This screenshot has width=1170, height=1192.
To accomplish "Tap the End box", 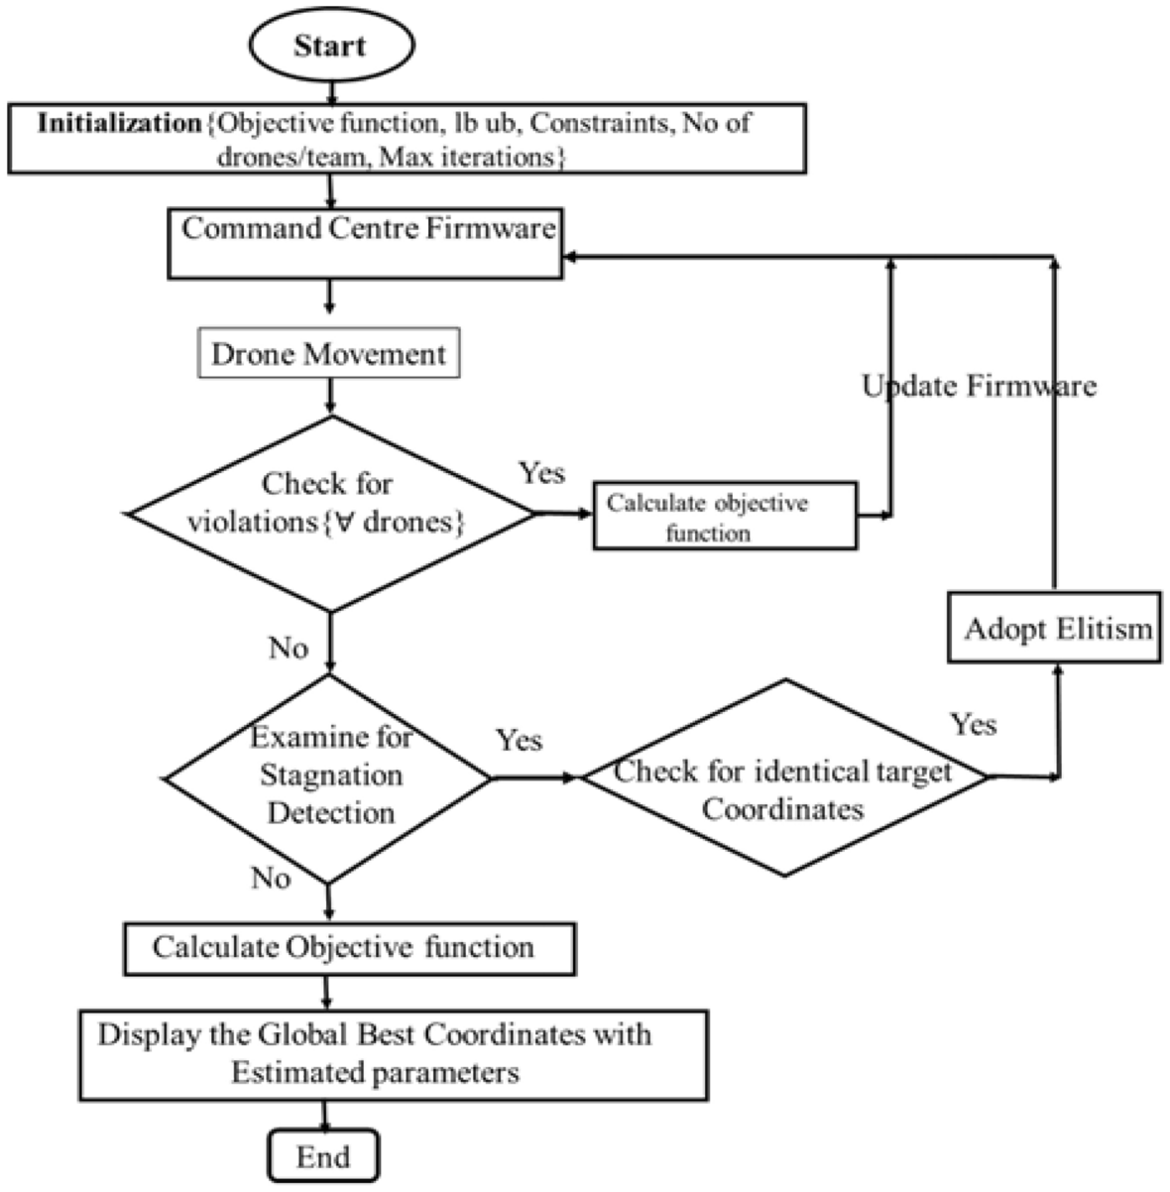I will tap(323, 1156).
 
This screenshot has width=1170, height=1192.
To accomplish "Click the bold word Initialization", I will tap(119, 124).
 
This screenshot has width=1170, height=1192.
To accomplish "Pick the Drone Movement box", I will tap(329, 354).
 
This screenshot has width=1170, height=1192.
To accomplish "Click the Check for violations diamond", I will tap(330, 513).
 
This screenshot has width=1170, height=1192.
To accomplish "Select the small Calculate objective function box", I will tap(725, 516).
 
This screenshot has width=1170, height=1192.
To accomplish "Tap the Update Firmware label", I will tap(979, 385).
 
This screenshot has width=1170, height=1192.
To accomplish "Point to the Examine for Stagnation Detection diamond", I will tap(328, 776).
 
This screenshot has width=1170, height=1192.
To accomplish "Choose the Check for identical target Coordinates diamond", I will tap(783, 778).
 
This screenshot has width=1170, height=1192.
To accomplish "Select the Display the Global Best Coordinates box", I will tap(393, 1054).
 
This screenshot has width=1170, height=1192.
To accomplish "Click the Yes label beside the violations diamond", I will tap(541, 473).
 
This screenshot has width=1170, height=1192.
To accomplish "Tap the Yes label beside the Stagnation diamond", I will tap(519, 740).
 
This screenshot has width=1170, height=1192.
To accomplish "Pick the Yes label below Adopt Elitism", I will tap(973, 724).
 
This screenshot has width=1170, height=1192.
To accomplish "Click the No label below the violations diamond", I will tap(288, 649).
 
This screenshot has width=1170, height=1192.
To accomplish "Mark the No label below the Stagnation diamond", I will tap(271, 879).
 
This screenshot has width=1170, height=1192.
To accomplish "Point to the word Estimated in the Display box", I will tap(300, 1073).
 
